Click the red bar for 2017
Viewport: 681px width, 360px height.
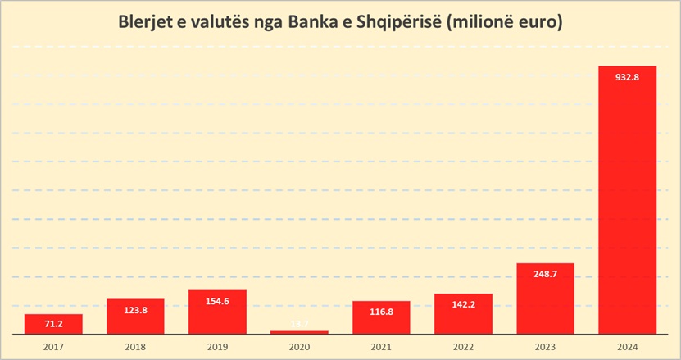coord(53,324)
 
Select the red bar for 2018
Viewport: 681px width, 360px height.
coord(135,317)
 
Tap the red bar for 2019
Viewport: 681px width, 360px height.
coord(217,312)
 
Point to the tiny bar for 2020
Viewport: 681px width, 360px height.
coord(299,332)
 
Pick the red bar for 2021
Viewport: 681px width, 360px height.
coord(381,318)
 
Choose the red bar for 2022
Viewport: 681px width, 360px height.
coord(463,314)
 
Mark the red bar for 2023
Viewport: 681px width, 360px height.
coord(545,299)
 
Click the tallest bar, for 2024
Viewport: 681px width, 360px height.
coord(627,201)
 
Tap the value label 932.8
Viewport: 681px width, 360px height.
coord(627,77)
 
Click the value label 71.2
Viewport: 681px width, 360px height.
coord(53,325)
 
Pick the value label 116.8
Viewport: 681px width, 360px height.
coord(381,312)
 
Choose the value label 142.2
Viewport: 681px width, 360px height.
coord(463,304)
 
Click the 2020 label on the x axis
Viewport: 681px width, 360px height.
coord(299,346)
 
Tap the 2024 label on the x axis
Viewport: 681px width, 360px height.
coord(627,346)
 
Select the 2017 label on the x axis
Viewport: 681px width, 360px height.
coord(53,346)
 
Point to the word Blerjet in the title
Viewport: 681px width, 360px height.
coord(149,22)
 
